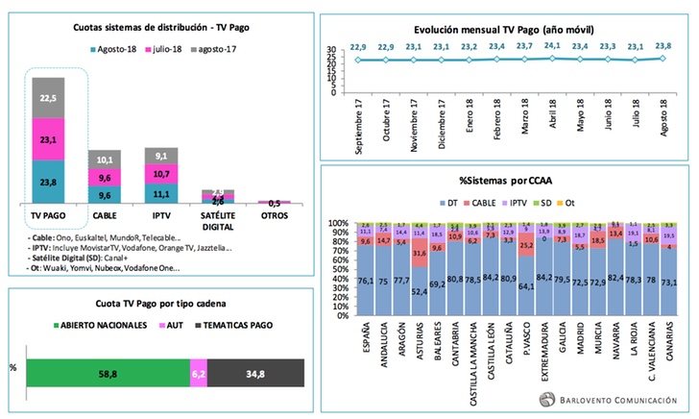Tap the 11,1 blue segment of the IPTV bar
(160, 192)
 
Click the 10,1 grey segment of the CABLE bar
(105, 160)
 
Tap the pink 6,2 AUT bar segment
(199, 373)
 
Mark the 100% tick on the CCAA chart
(341, 224)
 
